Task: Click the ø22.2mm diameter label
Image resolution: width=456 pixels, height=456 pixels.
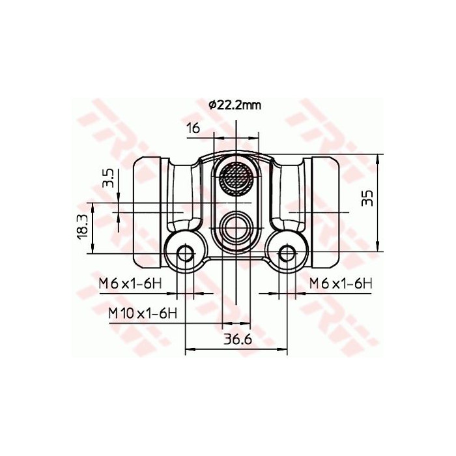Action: coord(235,105)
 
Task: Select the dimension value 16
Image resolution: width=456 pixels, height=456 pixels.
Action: coord(193,128)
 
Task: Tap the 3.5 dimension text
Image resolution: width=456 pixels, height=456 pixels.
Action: coord(109,178)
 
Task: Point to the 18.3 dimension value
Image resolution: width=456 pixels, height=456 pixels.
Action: coord(83,227)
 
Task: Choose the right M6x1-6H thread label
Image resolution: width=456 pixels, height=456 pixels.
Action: coord(340,283)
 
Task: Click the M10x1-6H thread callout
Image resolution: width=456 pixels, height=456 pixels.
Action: coord(143,313)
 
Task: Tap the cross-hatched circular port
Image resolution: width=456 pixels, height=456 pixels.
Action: coord(235,175)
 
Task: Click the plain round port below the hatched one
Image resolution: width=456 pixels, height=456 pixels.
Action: coord(235,227)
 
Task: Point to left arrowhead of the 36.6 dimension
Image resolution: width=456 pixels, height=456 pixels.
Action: coord(190,351)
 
